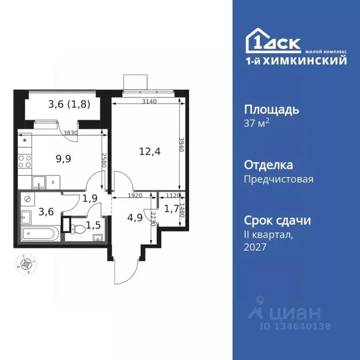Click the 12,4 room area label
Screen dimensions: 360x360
[148, 151]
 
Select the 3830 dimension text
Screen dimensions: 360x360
[70, 133]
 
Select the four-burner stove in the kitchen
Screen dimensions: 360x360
[24, 162]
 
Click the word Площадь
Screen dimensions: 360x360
[271, 110]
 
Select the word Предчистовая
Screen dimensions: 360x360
[278, 179]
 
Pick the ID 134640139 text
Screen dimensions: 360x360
[295, 327]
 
